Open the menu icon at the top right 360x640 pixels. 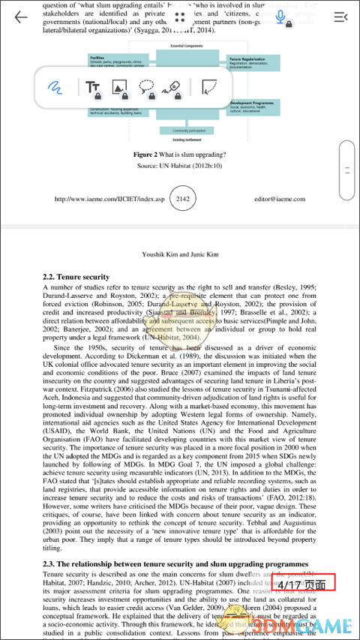click(x=340, y=17)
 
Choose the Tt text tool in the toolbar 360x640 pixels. click(x=93, y=87)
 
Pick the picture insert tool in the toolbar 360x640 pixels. click(x=119, y=87)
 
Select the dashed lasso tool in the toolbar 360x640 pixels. click(x=147, y=87)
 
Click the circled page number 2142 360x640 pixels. click(x=179, y=200)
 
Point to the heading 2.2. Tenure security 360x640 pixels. click(x=76, y=277)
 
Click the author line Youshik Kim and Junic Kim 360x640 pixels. click(x=179, y=254)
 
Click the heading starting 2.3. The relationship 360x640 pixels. click(x=175, y=563)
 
